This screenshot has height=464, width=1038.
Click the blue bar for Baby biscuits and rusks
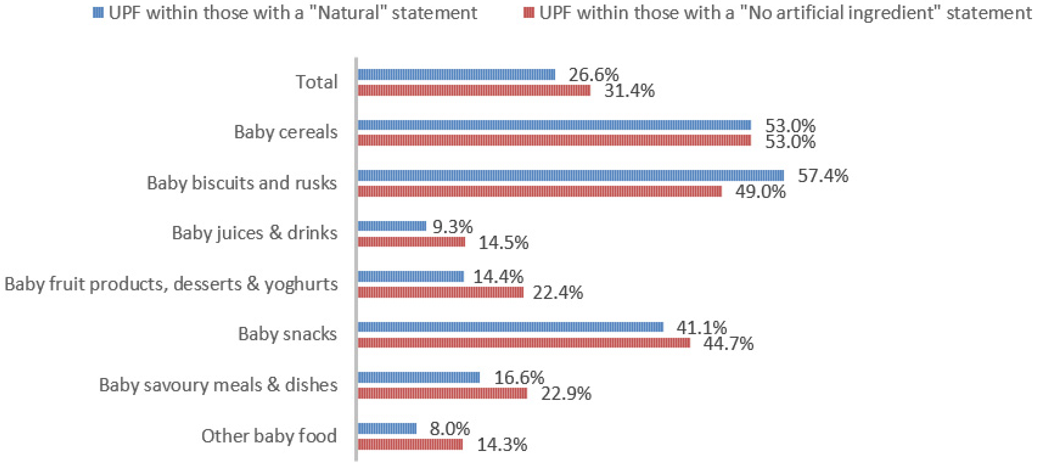(x=571, y=175)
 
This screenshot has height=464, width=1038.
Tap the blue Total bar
(x=456, y=74)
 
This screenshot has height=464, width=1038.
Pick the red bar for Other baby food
(x=410, y=444)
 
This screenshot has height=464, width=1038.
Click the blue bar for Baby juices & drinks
(x=392, y=226)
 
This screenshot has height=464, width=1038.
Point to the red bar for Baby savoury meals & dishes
(x=442, y=393)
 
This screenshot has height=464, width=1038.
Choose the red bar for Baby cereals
(x=554, y=140)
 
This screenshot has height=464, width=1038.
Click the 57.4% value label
(x=823, y=176)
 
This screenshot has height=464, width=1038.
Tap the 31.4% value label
(x=629, y=91)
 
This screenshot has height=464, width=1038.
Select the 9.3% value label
(x=452, y=227)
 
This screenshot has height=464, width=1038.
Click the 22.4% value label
(x=558, y=293)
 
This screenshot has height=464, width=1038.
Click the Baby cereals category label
(x=286, y=132)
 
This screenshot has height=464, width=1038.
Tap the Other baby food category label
(x=269, y=436)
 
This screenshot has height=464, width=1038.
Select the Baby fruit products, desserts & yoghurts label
(x=171, y=284)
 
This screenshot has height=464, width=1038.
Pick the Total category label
(x=317, y=82)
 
